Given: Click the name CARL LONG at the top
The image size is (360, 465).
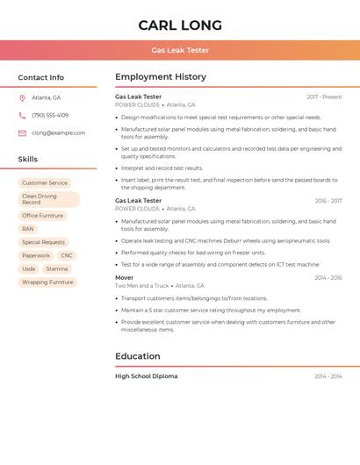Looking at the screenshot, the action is point(180,25).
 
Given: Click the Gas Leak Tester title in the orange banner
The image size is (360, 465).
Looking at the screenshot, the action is point(180,50).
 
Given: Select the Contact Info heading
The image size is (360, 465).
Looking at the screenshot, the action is point(40,77).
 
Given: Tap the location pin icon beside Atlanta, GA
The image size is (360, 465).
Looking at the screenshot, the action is point(22,97).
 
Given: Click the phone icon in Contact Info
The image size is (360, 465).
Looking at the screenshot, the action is point(22,115).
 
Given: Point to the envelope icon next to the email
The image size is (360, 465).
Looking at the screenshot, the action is point(22,132).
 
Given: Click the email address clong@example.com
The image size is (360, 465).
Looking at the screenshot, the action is point(58,132).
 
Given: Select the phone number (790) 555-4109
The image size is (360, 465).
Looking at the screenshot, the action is point(50,115).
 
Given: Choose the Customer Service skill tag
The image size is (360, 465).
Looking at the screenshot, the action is point(45,182).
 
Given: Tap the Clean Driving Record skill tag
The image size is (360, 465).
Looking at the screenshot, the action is point(48,199).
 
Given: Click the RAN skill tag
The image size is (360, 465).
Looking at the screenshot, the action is point(28,229).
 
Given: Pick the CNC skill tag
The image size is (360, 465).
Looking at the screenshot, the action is point(67,255).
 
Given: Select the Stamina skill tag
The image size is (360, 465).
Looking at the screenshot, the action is point(57,268).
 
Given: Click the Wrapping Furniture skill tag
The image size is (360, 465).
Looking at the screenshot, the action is point(47,283).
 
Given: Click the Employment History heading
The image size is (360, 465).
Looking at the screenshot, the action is point(161,77).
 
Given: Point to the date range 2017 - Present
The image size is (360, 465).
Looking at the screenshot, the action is point(324,97).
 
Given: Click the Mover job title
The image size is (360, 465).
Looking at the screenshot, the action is point(125,277).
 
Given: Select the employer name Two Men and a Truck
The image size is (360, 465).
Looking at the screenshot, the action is point(141,285).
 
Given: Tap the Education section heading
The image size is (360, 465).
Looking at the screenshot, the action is point(138,356).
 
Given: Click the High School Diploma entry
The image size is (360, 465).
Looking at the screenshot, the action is point(147,376).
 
